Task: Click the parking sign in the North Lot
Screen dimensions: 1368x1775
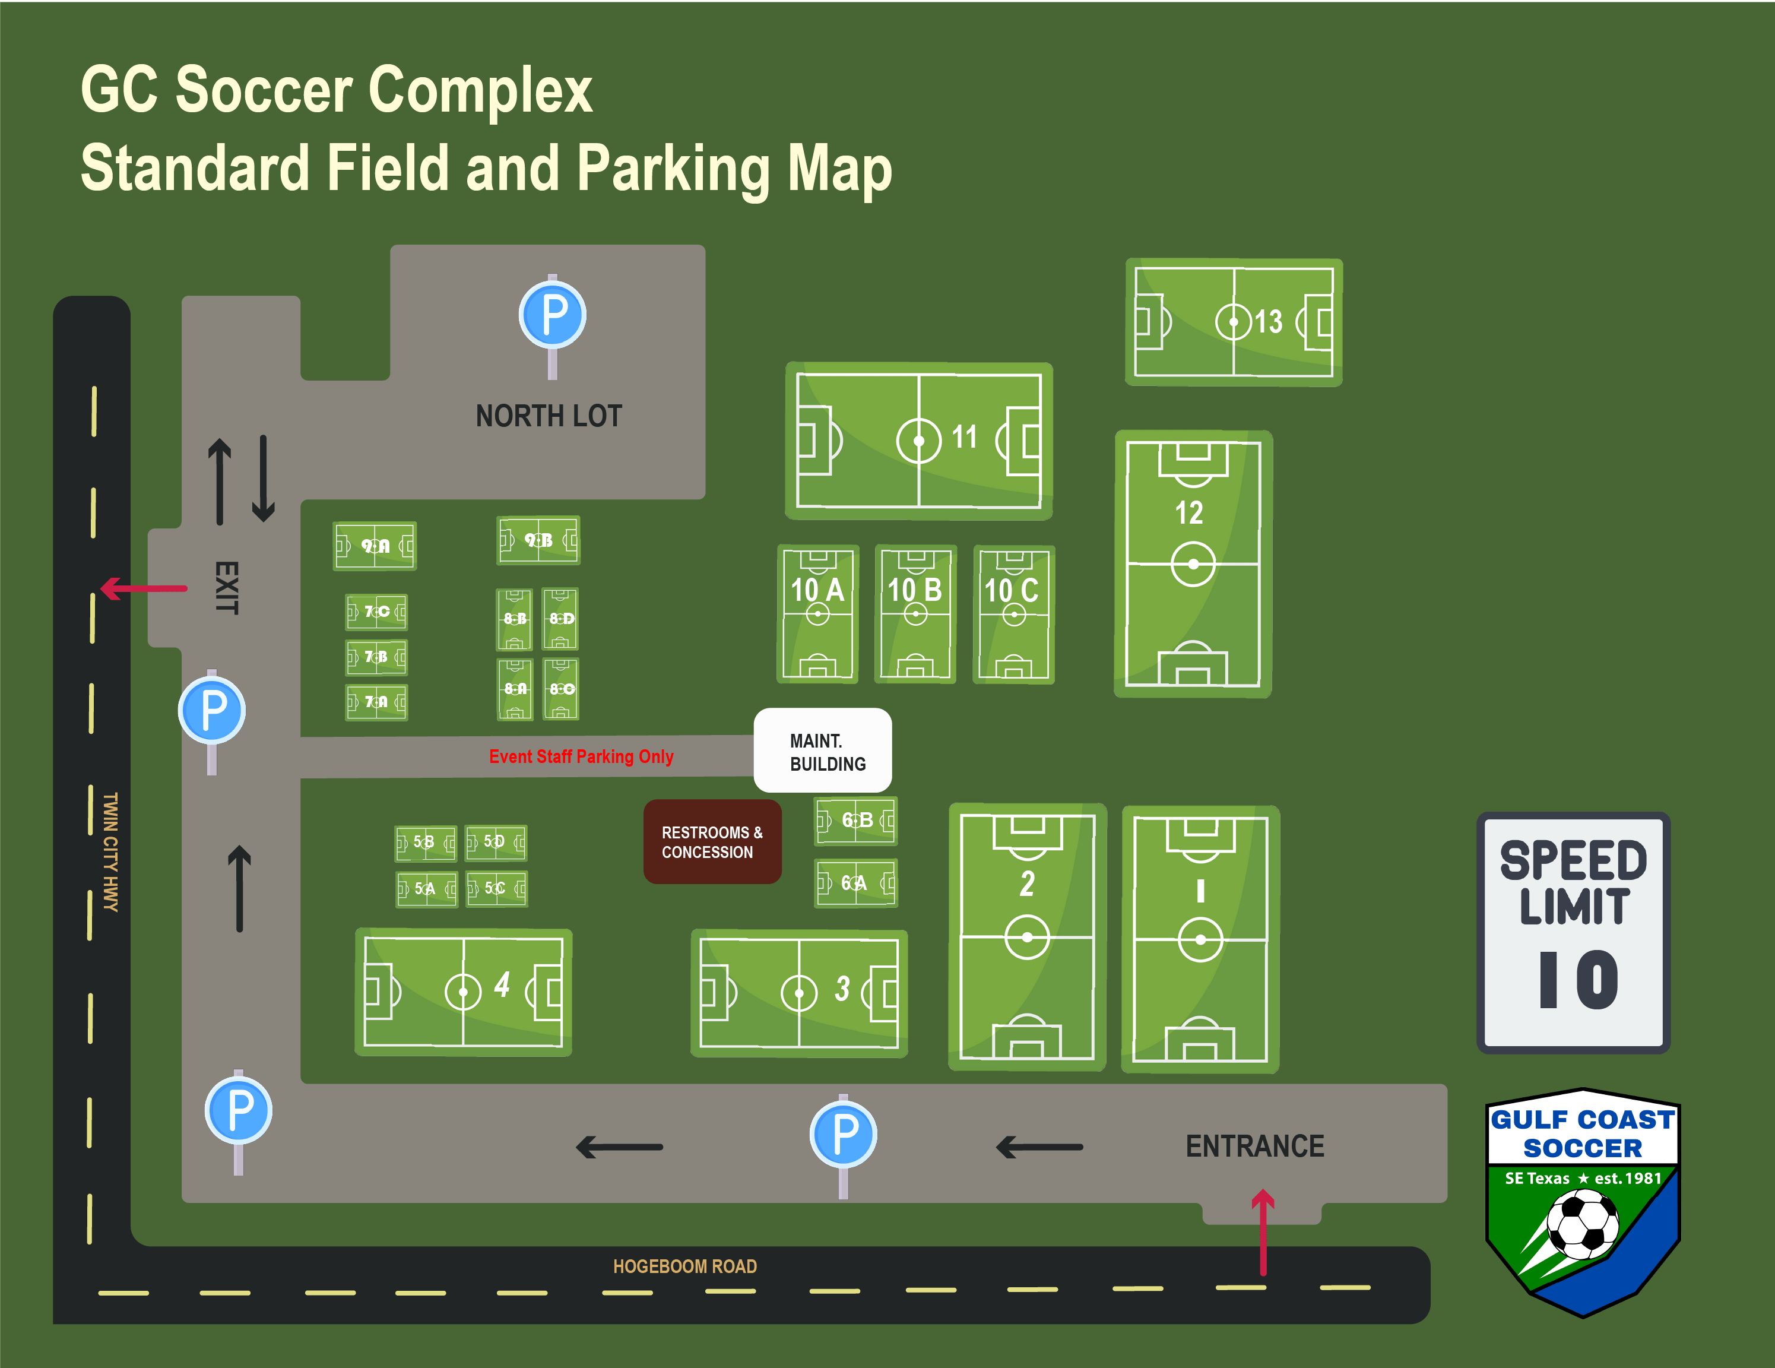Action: pyautogui.click(x=553, y=315)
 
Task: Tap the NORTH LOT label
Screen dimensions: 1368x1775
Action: pyautogui.click(x=549, y=416)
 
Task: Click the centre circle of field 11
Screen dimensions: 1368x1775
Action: pyautogui.click(x=918, y=441)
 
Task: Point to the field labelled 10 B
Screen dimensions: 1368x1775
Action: pyautogui.click(x=915, y=614)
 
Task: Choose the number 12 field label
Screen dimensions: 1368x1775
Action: pyautogui.click(x=1189, y=513)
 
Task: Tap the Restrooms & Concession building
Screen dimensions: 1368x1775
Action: pyautogui.click(x=712, y=842)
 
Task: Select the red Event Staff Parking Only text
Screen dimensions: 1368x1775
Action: pyautogui.click(x=581, y=757)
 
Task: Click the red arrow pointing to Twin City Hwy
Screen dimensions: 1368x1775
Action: pyautogui.click(x=143, y=588)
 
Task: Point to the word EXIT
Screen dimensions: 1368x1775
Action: pyautogui.click(x=227, y=588)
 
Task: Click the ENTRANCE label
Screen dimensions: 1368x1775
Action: pyautogui.click(x=1254, y=1146)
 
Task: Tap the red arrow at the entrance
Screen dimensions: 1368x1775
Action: pyautogui.click(x=1262, y=1231)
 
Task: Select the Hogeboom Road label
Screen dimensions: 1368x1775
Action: pyautogui.click(x=684, y=1266)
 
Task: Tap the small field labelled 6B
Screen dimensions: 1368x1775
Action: pyautogui.click(x=856, y=820)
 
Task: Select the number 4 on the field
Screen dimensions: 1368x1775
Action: pyautogui.click(x=502, y=984)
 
